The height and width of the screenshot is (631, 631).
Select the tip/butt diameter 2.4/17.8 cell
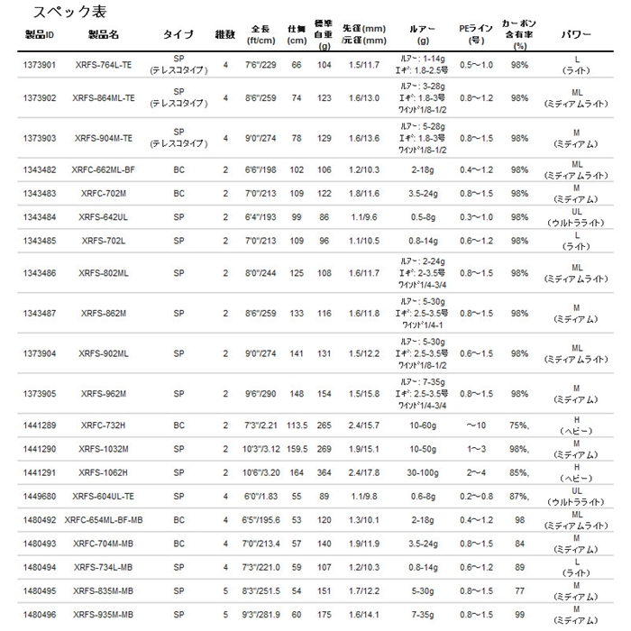point(367,471)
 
